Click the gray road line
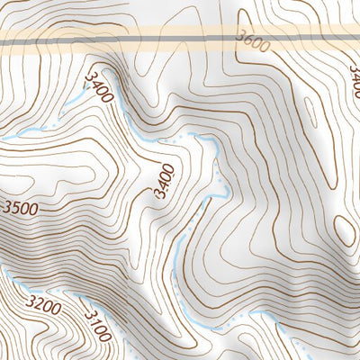pyautogui.click(x=180, y=38)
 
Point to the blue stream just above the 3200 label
pyautogui.click(x=36, y=290)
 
